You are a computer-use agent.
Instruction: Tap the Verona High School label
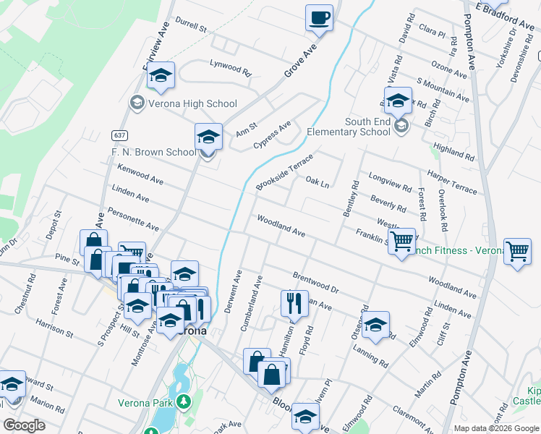182,103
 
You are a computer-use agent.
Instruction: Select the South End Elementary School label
349,127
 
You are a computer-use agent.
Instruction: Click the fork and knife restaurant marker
294,303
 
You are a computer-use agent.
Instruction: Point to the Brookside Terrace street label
284,172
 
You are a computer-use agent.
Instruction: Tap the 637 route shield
120,135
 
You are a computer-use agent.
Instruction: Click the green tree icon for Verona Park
184,400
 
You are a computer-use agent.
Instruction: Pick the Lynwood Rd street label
230,69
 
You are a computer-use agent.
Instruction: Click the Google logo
24,425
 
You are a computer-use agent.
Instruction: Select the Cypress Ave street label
272,135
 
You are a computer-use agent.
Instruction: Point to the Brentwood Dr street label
316,282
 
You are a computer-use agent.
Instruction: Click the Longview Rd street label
390,181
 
